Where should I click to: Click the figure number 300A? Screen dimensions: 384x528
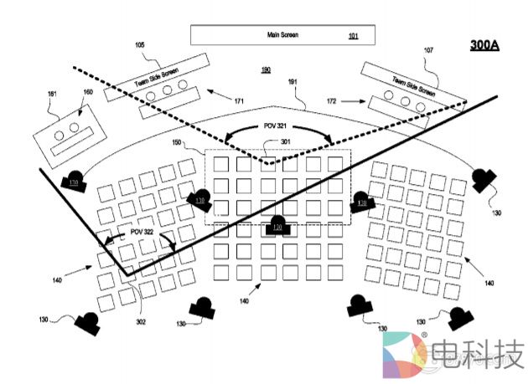tap(484, 44)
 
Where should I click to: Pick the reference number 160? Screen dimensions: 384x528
tap(87, 92)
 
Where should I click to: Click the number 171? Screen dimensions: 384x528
tap(240, 101)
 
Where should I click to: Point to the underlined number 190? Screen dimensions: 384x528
tap(266, 70)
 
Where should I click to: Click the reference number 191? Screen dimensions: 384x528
tap(295, 83)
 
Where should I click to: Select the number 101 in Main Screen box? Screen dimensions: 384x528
tap(352, 35)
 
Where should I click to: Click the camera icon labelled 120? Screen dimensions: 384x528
tap(277, 224)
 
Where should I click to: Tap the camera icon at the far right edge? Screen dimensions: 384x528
tap(483, 178)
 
